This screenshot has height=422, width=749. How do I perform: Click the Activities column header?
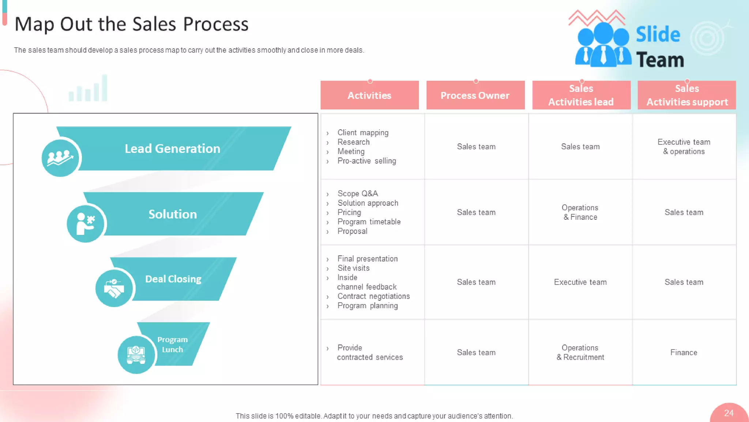click(369, 95)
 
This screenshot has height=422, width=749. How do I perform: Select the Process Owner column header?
click(475, 95)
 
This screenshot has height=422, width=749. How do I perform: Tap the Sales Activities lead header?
click(581, 95)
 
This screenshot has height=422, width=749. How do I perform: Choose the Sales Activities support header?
click(687, 95)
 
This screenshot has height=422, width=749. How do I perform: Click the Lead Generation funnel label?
click(172, 148)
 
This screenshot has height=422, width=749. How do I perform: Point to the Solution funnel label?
click(173, 214)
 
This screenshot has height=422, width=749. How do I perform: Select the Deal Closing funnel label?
click(173, 279)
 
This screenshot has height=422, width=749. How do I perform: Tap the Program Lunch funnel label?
click(172, 344)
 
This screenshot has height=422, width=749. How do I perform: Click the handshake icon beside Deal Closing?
click(114, 288)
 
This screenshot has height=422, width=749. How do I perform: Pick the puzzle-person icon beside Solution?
click(86, 223)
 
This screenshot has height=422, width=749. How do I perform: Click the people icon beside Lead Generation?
click(60, 158)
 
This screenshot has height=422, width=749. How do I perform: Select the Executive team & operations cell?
click(684, 147)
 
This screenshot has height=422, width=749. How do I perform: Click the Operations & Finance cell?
click(580, 212)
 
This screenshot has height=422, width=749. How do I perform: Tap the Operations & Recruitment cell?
click(580, 352)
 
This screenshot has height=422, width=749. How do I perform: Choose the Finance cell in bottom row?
click(684, 352)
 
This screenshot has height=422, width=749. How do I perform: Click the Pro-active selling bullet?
click(366, 161)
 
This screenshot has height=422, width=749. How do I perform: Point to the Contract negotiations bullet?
click(373, 296)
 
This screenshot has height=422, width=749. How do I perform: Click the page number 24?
click(729, 413)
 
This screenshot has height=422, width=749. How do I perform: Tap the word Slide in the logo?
click(658, 34)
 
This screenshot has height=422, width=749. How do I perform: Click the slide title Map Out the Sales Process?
click(131, 24)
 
